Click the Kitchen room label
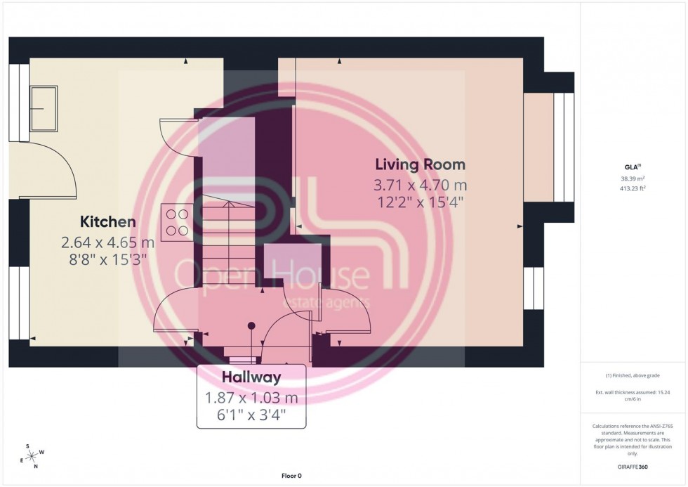coord(107,222)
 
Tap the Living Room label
coord(420,165)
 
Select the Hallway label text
coord(251,377)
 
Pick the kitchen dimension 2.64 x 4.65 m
coord(107,243)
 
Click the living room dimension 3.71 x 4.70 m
coord(420,186)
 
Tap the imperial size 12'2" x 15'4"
coord(420,202)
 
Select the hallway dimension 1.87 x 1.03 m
coord(251,398)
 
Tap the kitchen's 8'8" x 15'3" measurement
coord(107,259)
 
